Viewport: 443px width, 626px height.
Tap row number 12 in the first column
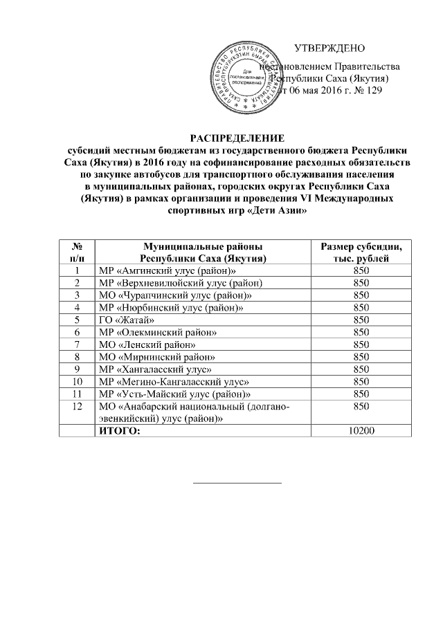[83, 406]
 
